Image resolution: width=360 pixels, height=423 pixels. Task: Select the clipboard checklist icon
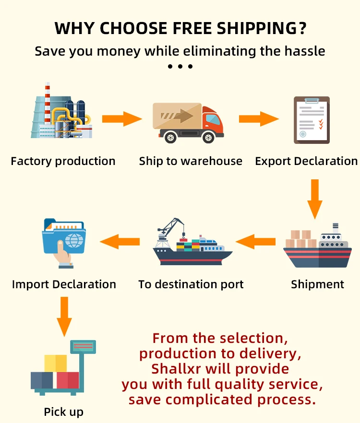pyautogui.click(x=312, y=120)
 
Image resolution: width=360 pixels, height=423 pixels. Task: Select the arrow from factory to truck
pyautogui.click(x=122, y=118)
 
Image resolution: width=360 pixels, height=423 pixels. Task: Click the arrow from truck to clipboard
pyautogui.click(x=259, y=118)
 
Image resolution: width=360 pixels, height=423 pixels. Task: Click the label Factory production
pyautogui.click(x=63, y=161)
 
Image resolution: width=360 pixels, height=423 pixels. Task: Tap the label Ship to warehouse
pyautogui.click(x=191, y=161)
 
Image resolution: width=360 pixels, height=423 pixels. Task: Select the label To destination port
pyautogui.click(x=191, y=284)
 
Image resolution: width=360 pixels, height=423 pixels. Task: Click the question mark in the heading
pyautogui.click(x=302, y=29)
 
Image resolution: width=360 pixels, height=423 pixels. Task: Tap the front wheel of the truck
pyautogui.click(x=208, y=138)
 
